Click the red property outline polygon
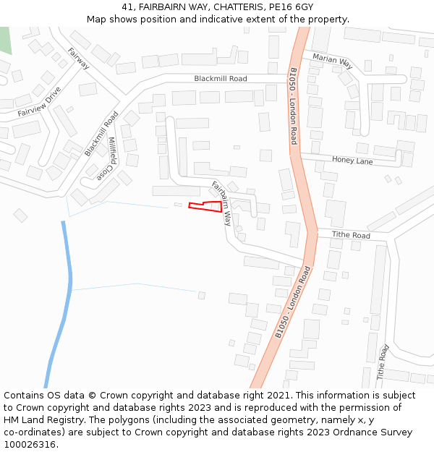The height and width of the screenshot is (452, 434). (x=205, y=207)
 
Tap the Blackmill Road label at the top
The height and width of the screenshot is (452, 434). (x=220, y=79)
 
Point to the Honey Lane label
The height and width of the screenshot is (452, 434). (x=352, y=161)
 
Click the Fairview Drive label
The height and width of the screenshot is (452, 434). (x=39, y=102)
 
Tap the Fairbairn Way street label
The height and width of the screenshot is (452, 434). (x=221, y=203)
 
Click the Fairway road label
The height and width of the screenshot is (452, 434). (x=78, y=59)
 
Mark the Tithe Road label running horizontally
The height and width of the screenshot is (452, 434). (x=351, y=236)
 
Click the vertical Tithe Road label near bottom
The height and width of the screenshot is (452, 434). (x=383, y=362)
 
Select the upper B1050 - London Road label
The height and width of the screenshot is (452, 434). (x=293, y=106)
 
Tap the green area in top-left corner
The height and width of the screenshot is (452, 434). (x=5, y=40)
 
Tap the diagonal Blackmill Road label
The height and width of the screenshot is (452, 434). (x=101, y=133)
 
